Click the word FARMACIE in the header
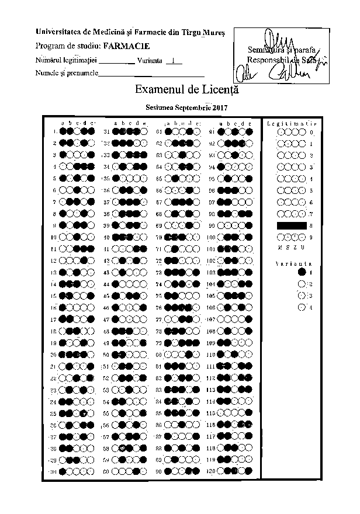point(126,45)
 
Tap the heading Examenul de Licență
point(186,91)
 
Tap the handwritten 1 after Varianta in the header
point(174,60)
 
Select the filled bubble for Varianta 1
point(302,272)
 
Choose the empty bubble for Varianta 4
point(302,307)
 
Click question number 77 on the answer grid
point(158,319)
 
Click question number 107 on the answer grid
point(211,319)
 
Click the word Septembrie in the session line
point(193,107)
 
